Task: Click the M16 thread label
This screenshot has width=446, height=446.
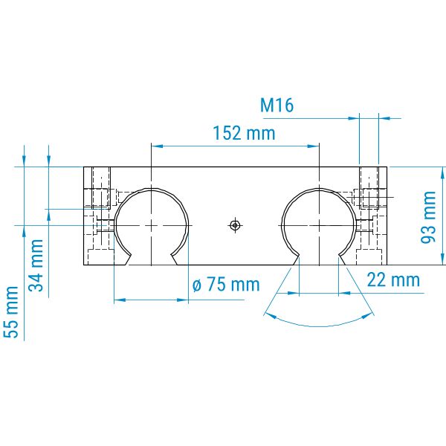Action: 277,105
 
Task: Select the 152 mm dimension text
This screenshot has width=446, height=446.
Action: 244,133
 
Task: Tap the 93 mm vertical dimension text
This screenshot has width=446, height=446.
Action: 428,217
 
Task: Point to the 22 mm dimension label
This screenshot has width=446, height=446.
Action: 393,280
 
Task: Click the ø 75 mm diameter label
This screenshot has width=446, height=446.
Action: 226,284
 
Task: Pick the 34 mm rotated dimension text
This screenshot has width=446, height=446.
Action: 36,265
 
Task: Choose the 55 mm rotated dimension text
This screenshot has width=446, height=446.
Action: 11,312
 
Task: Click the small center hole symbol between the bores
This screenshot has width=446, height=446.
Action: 235,225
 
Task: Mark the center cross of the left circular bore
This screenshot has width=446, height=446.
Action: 152,225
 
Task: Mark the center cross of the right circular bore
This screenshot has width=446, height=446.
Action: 320,225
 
